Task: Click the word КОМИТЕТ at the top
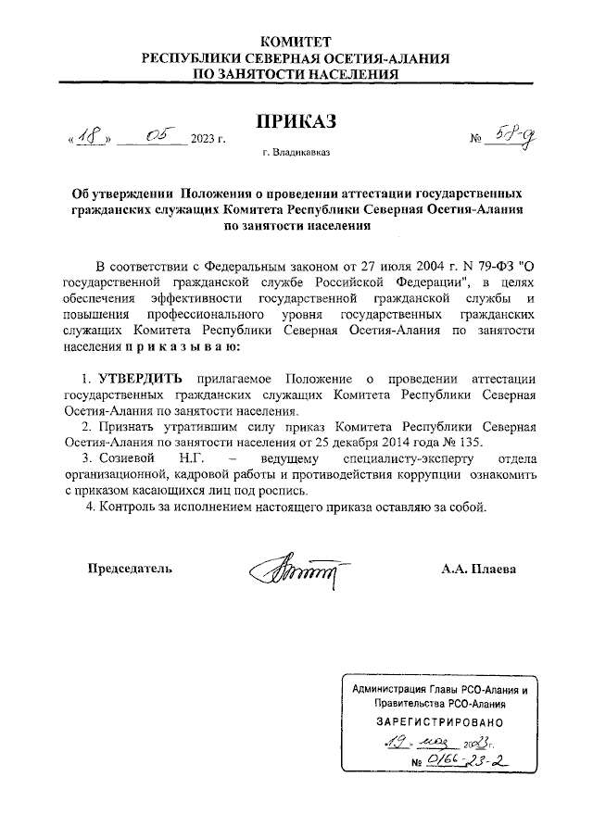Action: [295, 42]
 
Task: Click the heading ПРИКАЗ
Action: [295, 121]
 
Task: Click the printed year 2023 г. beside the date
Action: [208, 140]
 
